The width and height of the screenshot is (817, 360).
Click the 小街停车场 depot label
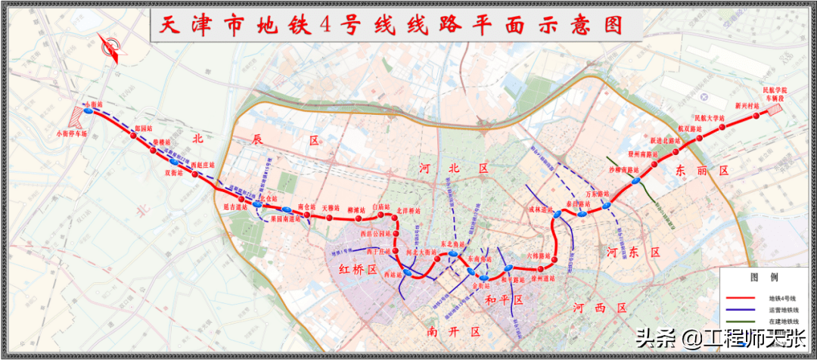pyautogui.click(x=72, y=135)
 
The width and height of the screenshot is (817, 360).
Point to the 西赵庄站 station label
pyautogui.click(x=203, y=165)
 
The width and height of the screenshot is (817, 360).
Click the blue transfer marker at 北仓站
pyautogui.click(x=258, y=204)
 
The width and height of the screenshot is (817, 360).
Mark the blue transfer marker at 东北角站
pyautogui.click(x=452, y=254)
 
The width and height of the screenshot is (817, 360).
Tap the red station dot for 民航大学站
pyautogui.click(x=722, y=126)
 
